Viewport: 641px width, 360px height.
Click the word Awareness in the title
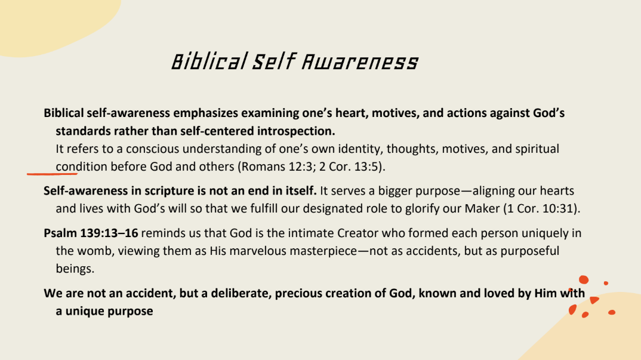tap(360, 62)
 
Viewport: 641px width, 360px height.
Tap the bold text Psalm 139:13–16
tap(91, 233)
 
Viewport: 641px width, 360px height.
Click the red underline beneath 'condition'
tap(53, 174)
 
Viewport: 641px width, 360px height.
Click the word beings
tap(75, 269)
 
